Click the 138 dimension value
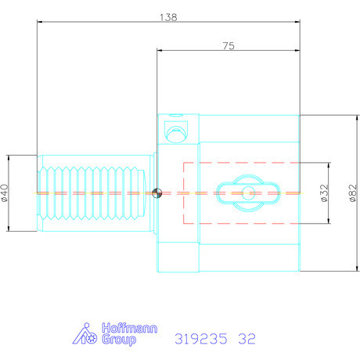tap(168, 17)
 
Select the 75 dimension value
tap(229, 46)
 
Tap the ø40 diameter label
tap(5, 193)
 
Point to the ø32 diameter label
tap(324, 193)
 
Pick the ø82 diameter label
tap(353, 193)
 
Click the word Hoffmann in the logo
tap(129, 328)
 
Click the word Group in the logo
tap(119, 340)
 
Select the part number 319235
tap(201, 339)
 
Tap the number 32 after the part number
tap(247, 339)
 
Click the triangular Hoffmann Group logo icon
tap(85, 333)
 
